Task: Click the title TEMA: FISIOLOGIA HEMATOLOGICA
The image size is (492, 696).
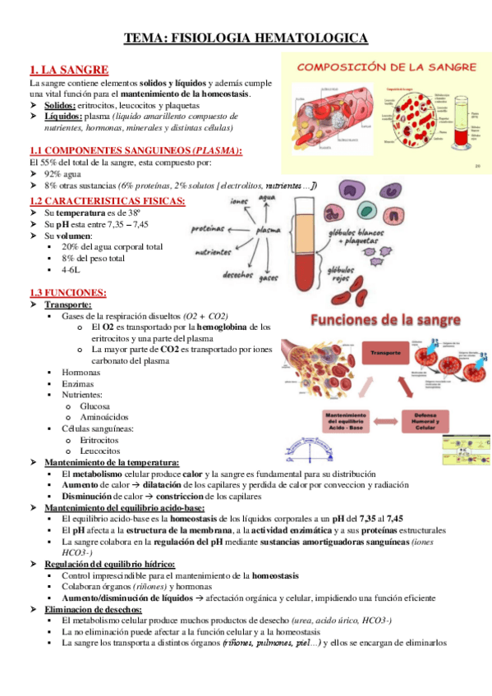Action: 246,39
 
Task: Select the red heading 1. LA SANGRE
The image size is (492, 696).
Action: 68,71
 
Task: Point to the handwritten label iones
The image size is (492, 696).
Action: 217,202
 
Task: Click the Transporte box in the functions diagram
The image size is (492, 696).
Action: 386,354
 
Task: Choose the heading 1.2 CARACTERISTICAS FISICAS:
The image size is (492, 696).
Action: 107,200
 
